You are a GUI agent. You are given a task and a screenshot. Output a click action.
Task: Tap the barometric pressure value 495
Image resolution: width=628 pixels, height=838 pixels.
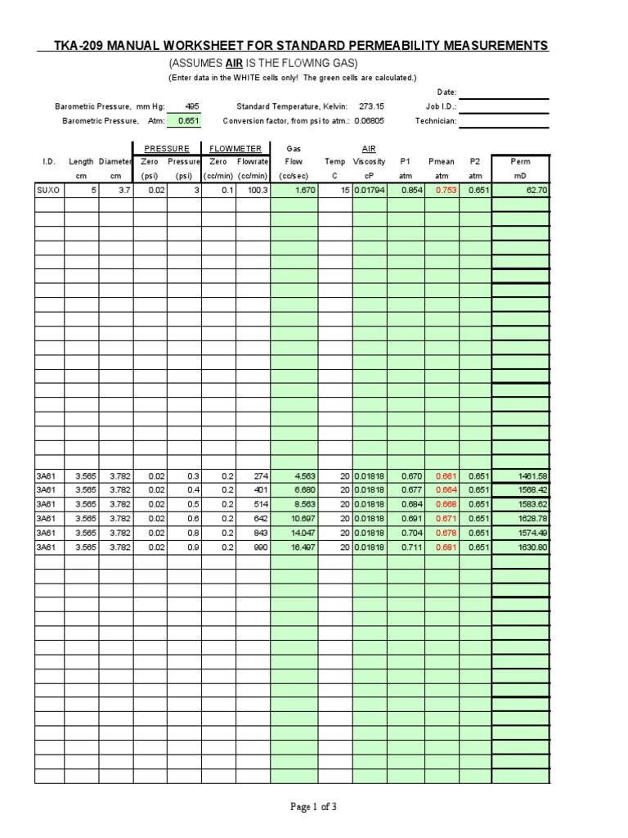pos(192,106)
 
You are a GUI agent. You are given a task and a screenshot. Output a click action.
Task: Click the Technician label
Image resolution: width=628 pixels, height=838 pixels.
pos(435,121)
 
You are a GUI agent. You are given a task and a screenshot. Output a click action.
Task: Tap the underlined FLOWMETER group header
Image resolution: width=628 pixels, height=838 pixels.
pos(235,149)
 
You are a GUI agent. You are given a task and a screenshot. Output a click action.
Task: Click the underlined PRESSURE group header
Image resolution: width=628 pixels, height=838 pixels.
pos(167,149)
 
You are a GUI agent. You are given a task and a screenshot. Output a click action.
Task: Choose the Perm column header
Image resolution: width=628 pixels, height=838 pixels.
pos(520,162)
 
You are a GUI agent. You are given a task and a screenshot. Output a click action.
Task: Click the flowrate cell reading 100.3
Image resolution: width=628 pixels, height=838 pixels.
pos(255,191)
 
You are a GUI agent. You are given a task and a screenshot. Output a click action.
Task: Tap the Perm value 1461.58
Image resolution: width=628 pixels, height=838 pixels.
pos(532,475)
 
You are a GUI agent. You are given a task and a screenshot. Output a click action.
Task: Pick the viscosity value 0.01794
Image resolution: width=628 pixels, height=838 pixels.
pos(370,191)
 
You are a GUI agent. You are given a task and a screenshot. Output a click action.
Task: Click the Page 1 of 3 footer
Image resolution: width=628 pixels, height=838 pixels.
pos(314,807)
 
